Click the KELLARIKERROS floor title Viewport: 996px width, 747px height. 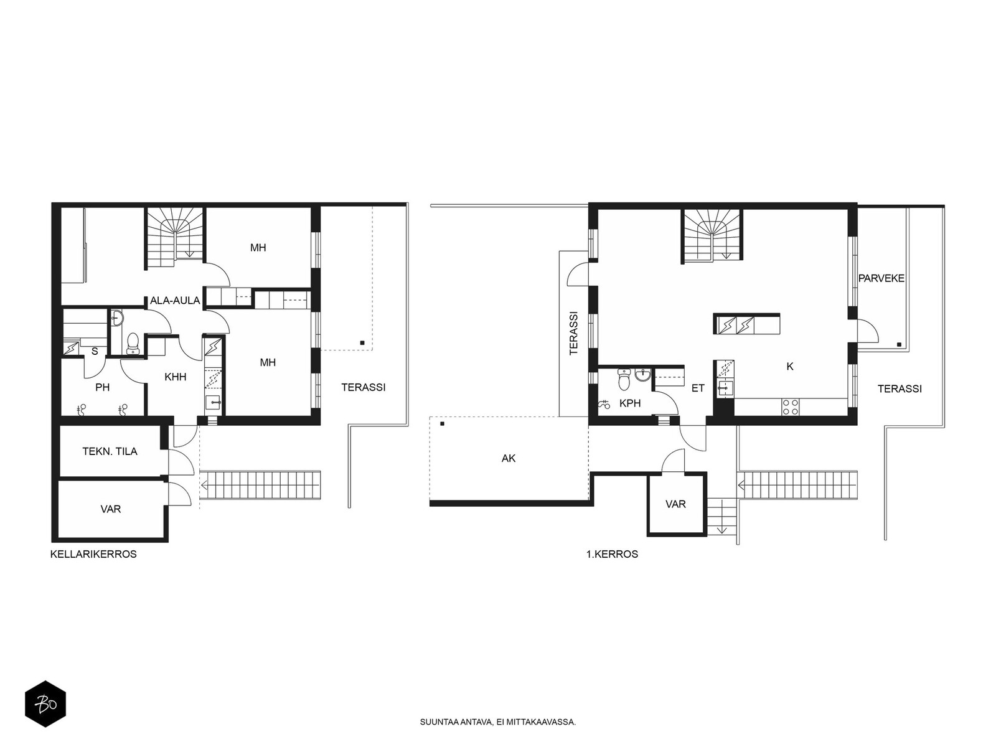coord(93,554)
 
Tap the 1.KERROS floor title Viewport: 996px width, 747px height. coord(612,554)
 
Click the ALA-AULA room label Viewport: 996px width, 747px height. coord(175,300)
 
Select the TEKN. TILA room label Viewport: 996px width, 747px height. coord(110,451)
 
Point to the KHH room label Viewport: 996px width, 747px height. coord(176,377)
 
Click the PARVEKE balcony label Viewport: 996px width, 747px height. coord(881,278)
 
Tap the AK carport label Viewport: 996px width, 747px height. coord(508,459)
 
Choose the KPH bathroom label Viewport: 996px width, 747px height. coord(630,403)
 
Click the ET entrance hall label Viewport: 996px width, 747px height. coord(698,388)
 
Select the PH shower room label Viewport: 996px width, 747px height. coord(103,387)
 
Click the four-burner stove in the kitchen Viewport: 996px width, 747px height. coord(791,407)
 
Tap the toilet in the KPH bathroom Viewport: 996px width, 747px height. coord(624,378)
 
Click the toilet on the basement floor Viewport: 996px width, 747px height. coord(133,343)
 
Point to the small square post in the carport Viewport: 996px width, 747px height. coord(443,424)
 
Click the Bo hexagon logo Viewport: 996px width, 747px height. coord(45,704)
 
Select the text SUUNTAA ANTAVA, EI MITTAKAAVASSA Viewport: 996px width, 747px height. coord(498,722)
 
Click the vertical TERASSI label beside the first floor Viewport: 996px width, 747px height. coord(573,333)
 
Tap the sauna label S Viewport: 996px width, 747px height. coord(95,352)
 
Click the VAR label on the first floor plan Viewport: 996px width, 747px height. coord(675,504)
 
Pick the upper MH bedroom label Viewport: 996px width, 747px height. coord(258,248)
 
